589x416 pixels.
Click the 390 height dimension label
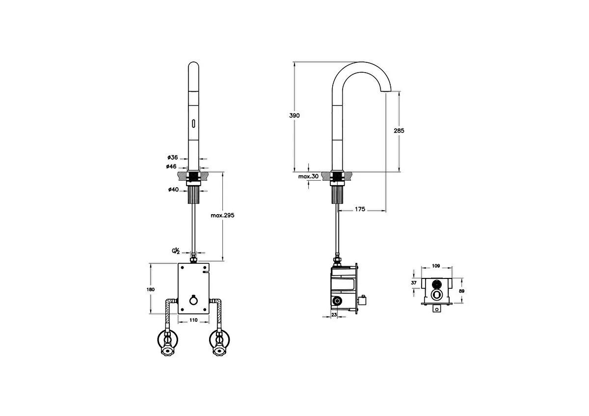pos(294,115)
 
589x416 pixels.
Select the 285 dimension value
pos(399,131)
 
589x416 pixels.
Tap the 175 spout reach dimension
pos(360,209)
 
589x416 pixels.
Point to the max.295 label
pos(222,215)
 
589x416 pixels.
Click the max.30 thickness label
pos(308,176)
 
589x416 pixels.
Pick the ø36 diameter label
pos(173,157)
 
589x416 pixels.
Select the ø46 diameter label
pos(171,166)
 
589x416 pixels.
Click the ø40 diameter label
pos(174,189)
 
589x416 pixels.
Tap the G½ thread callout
pos(176,251)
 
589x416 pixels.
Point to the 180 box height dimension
pos(151,289)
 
